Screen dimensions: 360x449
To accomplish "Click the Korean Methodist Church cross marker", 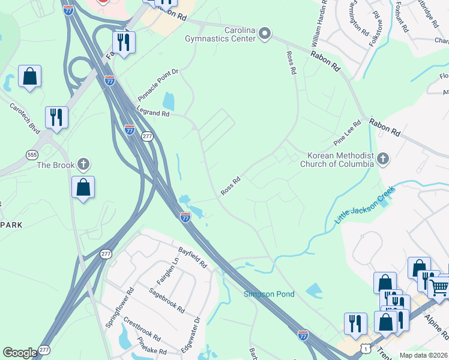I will pos(383,159).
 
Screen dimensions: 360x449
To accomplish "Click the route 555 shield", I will pos(32,155).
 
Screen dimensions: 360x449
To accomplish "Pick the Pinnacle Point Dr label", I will pos(158,81).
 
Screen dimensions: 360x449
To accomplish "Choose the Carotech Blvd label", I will pos(24,118).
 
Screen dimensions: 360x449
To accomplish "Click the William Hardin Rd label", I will pos(319,24).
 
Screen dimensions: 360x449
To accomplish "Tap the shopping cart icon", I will pos(439,287).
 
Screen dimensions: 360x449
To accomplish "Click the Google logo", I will pos(20,353).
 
